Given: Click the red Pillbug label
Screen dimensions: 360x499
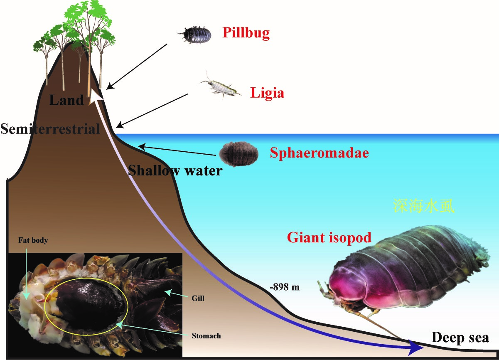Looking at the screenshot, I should coord(246,33).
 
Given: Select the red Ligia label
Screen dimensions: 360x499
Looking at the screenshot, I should coord(267,93).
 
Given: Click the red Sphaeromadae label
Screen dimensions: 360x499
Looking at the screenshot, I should coord(319,153).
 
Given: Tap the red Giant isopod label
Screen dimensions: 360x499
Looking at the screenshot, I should coord(329,237).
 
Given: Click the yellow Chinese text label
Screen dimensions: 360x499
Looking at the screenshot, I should coord(423,206).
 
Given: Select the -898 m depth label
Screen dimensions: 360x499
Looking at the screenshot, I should coord(285,287).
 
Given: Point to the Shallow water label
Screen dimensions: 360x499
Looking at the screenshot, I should coord(175,170).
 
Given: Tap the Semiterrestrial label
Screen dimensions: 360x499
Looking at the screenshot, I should coord(50,128).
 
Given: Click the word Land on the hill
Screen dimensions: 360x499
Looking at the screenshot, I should coord(66,100).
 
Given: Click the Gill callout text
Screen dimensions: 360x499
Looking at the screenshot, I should coord(199,298).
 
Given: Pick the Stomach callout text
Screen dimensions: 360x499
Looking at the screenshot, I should coord(206,335).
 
